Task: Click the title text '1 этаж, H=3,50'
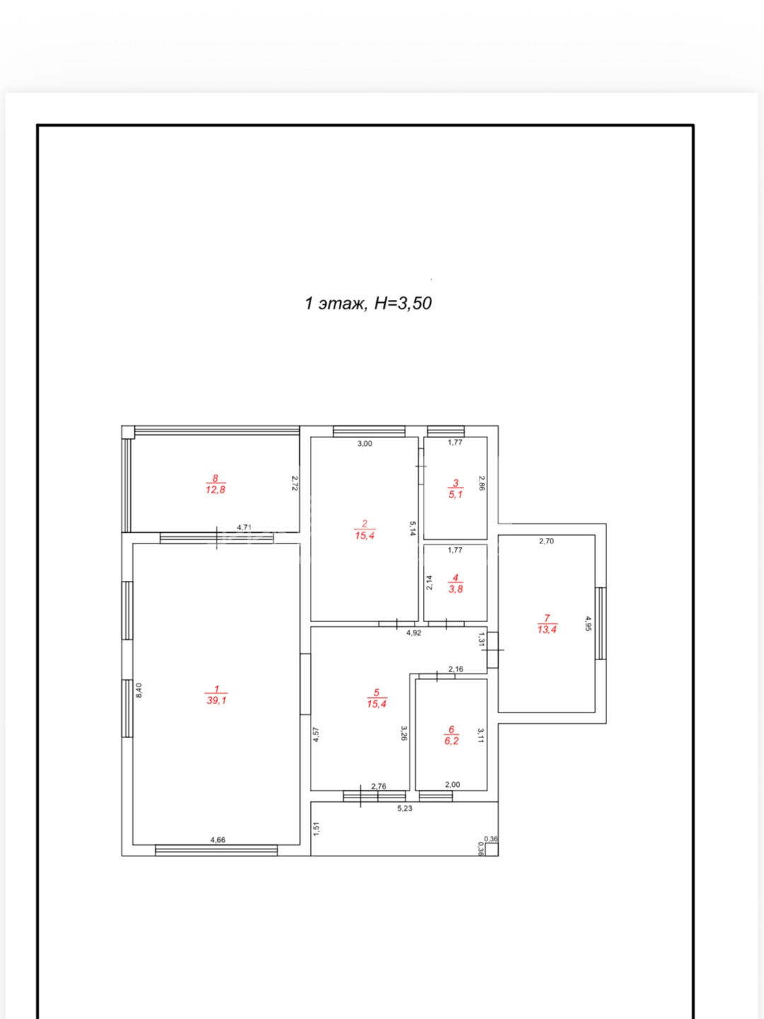(x=368, y=303)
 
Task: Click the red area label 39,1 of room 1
(x=216, y=700)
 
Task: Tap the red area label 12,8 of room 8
(x=215, y=489)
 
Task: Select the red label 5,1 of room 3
(x=456, y=495)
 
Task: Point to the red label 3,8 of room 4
(x=456, y=589)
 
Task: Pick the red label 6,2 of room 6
(x=451, y=740)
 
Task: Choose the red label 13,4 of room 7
(x=547, y=630)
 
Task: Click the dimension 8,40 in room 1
(x=139, y=690)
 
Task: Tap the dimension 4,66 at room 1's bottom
(x=218, y=839)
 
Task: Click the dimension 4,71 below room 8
(x=244, y=527)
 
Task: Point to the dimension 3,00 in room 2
(x=364, y=444)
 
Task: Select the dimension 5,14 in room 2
(x=412, y=529)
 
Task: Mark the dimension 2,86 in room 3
(x=481, y=483)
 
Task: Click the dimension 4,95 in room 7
(x=588, y=623)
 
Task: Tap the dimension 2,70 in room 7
(x=546, y=541)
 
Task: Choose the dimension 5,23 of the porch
(x=405, y=808)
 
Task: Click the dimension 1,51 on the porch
(x=316, y=829)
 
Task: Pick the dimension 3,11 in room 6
(x=480, y=735)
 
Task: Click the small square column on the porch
(x=492, y=850)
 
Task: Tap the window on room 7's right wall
(x=601, y=623)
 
